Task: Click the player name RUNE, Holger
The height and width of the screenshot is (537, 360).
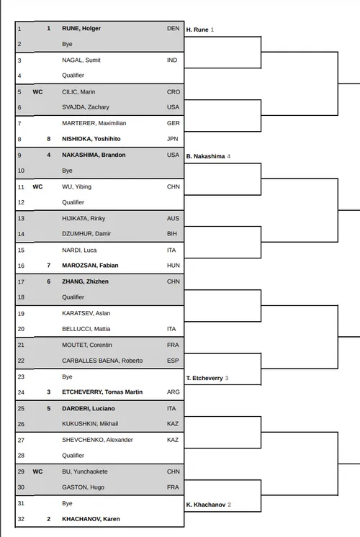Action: [81, 28]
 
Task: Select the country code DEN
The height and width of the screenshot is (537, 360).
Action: [173, 28]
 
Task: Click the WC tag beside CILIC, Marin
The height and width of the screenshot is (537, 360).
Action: [38, 91]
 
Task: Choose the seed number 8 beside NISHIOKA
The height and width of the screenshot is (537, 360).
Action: [48, 139]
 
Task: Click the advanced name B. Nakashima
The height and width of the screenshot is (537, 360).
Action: [204, 155]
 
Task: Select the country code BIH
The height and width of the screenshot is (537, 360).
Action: [173, 234]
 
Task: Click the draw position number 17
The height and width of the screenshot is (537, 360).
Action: [20, 281]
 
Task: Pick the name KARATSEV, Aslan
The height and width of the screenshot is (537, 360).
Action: [85, 313]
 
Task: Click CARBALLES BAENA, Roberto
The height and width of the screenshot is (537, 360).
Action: [102, 360]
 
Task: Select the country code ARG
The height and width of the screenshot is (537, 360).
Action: [173, 392]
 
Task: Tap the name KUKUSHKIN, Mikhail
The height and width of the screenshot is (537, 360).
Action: [89, 424]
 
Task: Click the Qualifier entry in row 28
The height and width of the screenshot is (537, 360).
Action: [73, 455]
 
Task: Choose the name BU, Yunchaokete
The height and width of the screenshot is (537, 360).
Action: [84, 471]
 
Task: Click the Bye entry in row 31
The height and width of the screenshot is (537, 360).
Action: [67, 503]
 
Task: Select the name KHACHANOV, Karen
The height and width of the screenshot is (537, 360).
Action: [91, 519]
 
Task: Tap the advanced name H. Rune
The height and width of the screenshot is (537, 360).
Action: [197, 30]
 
